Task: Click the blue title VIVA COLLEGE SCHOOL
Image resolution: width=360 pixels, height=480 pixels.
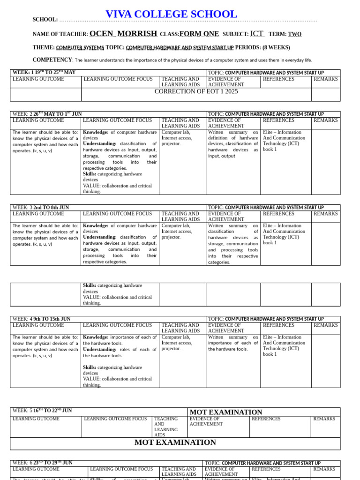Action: [x=171, y=15]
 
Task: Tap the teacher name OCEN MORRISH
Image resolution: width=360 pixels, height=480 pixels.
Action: [x=123, y=34]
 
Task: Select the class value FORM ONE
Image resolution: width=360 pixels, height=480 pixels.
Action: [x=199, y=34]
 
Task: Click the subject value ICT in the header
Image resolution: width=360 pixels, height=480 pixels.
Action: [x=257, y=34]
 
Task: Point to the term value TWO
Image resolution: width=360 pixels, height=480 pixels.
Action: [x=295, y=34]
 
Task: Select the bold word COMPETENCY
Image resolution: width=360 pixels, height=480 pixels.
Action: [x=52, y=60]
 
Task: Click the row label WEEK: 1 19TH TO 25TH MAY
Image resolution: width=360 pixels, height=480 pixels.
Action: [x=44, y=73]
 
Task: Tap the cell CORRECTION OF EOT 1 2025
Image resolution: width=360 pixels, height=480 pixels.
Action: [x=196, y=91]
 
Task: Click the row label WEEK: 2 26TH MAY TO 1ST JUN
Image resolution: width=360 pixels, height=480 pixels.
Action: [x=47, y=114]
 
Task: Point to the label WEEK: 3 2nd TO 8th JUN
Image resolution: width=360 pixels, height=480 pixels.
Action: [x=41, y=207]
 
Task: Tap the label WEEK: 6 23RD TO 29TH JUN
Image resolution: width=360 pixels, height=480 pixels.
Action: [x=43, y=463]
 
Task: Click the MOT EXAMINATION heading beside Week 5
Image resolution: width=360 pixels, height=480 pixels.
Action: [x=226, y=412]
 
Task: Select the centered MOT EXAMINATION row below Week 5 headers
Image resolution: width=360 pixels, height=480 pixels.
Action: [x=175, y=442]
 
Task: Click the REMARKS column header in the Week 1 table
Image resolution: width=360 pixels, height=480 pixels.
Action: [x=326, y=79]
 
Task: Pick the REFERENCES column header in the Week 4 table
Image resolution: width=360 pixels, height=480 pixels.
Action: [x=278, y=325]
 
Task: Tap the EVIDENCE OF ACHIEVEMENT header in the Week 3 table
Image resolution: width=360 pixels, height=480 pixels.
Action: [x=226, y=216]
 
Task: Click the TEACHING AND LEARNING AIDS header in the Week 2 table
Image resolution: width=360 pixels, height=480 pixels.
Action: [x=180, y=123]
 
